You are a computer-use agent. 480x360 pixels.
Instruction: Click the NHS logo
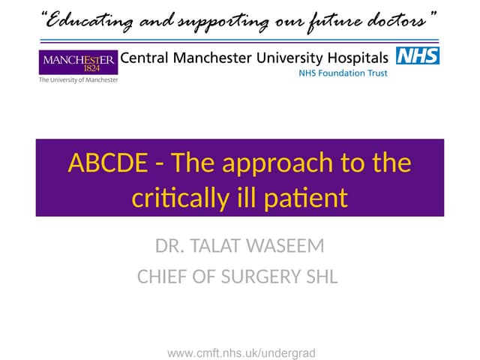coord(418,55)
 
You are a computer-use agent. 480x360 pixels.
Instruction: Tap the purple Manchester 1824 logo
coord(78,61)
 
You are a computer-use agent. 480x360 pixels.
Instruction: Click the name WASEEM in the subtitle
coord(289,245)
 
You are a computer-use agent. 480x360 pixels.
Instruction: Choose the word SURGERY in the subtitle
coord(268,277)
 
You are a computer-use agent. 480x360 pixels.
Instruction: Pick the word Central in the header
coord(147,57)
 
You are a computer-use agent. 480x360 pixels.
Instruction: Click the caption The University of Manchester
coord(78,79)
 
